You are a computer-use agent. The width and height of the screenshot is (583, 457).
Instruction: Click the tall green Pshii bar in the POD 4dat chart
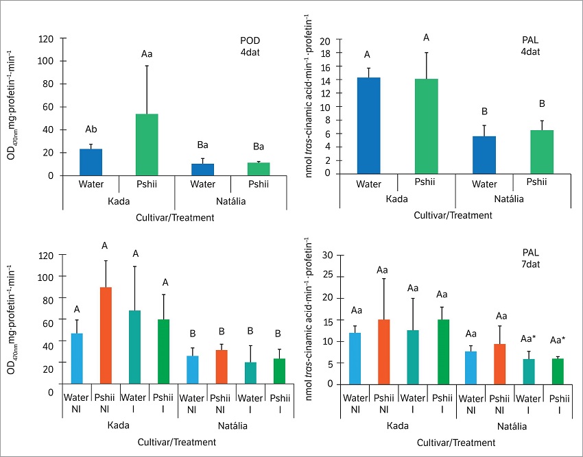point(147,145)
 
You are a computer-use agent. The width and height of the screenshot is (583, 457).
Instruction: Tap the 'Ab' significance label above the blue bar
point(91,129)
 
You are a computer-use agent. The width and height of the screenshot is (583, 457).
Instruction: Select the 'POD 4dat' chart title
point(241,45)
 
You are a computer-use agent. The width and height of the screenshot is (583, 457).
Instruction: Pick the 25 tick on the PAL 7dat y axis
point(337,276)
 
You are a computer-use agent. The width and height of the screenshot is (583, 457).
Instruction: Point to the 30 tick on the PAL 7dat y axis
point(337,255)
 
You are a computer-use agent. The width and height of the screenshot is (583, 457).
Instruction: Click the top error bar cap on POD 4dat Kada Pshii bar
point(147,66)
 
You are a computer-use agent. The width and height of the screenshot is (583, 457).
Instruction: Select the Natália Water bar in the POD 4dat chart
point(203,169)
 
